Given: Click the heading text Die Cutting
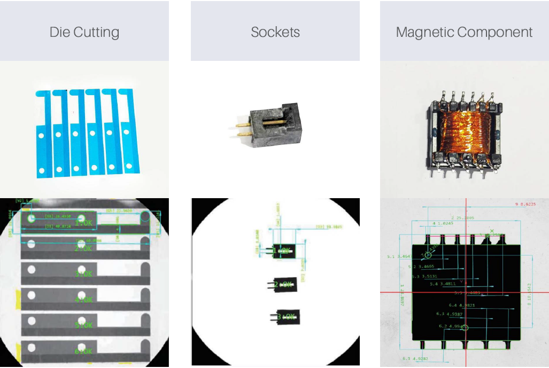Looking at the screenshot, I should (84, 32).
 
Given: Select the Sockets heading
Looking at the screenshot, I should (275, 32).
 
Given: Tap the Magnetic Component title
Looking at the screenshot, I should (464, 32).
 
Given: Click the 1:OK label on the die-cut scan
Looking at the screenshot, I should (83, 223).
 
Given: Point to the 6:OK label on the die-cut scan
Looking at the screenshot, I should (83, 351).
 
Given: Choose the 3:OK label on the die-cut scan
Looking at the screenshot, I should (83, 274).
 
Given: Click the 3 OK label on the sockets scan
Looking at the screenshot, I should (284, 317).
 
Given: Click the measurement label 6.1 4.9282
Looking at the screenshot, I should (414, 358).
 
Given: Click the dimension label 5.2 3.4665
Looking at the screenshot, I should (421, 266).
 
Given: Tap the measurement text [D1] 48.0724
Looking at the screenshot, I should (58, 227).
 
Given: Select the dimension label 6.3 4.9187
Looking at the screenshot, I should (450, 314).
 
